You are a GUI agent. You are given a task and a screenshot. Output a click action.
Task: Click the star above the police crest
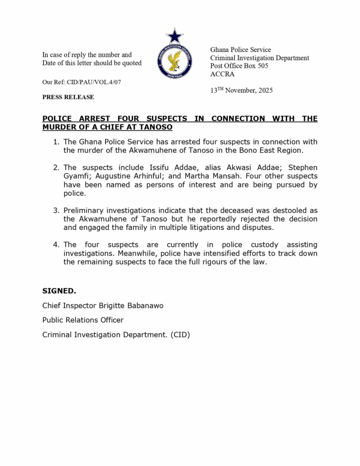(174, 36)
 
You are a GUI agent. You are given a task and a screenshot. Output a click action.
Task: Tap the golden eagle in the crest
(174, 61)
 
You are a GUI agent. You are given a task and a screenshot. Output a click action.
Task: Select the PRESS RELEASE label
(68, 97)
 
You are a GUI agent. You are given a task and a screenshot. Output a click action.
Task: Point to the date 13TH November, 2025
(241, 90)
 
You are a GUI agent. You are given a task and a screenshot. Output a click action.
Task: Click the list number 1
(56, 142)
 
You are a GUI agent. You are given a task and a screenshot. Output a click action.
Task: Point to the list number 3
(56, 210)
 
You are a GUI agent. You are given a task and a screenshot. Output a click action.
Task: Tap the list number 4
(56, 245)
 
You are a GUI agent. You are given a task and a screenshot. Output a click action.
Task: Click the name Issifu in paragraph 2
(160, 167)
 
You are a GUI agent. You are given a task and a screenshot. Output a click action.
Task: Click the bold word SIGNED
(59, 291)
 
